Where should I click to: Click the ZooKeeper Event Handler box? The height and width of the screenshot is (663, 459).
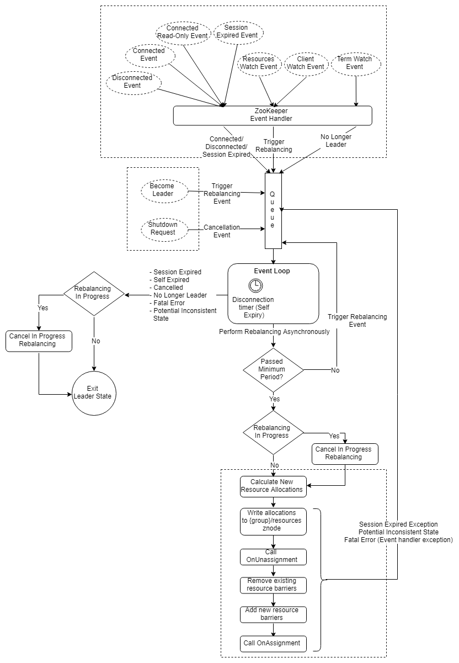273,115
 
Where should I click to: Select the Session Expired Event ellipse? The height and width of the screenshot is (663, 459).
238,33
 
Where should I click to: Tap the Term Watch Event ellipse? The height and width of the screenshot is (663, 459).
356,64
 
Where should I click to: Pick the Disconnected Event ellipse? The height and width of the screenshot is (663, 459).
134,83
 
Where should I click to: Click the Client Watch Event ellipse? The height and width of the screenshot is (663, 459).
306,64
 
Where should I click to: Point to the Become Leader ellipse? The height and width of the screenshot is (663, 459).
164,191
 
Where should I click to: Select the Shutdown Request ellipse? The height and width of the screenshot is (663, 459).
164,230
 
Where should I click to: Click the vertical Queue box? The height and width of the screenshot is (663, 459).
273,211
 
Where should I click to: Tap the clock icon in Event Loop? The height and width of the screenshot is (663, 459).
255,285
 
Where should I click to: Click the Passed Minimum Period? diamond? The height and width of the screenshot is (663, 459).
273,370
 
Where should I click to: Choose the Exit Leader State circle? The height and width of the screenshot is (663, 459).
94,393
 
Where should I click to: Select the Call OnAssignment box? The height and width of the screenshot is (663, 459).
273,644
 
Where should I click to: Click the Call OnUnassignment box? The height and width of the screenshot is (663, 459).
273,557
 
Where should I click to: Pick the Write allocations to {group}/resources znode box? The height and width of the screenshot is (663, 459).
273,522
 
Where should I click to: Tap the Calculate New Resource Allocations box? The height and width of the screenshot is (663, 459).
273,486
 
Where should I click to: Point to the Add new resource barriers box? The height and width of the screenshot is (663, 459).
273,614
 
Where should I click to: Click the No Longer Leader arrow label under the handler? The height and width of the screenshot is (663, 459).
336,141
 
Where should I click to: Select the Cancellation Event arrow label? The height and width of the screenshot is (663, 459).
222,231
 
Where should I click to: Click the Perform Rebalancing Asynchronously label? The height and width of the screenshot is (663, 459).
274,331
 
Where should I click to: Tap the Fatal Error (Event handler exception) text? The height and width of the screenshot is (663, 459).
398,540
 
